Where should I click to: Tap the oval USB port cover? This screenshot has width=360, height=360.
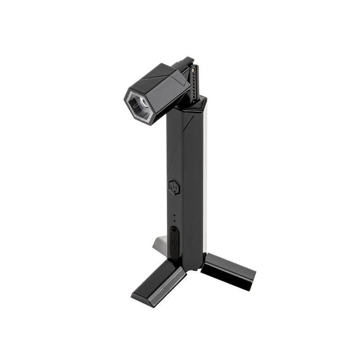tap(175, 239)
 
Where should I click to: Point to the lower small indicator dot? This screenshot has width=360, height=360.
tap(174, 221)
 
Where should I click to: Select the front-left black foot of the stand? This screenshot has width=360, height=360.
tap(159, 282)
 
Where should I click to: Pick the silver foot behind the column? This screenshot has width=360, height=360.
tap(159, 243)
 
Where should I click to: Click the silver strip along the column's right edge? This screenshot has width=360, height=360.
tap(207, 167)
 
